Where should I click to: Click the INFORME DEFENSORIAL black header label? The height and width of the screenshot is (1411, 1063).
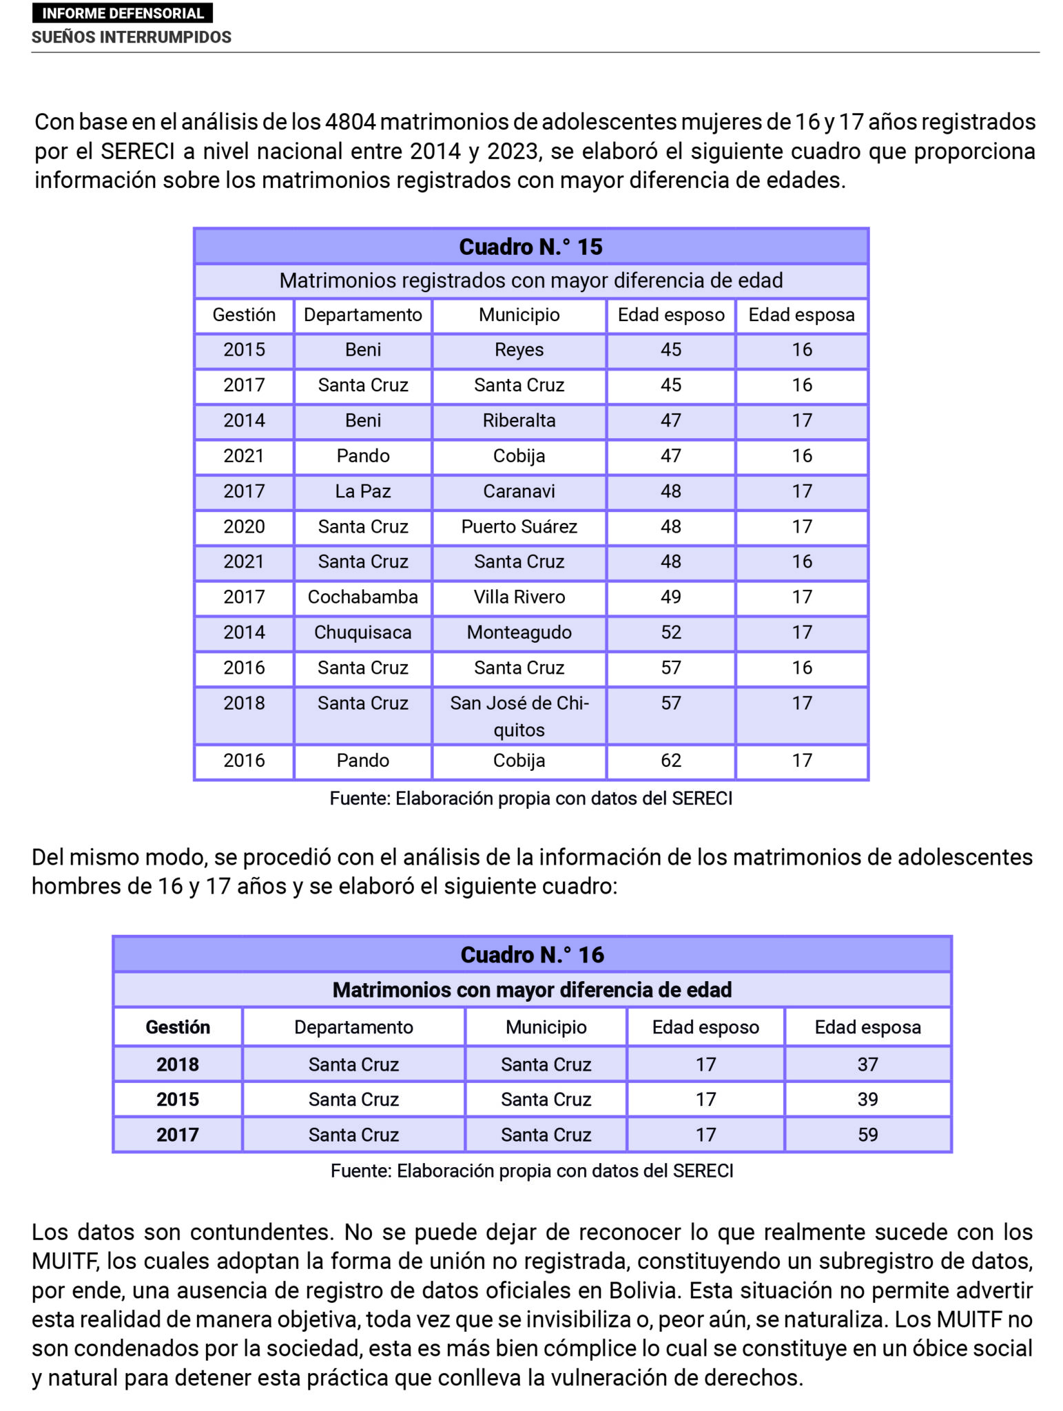(x=123, y=13)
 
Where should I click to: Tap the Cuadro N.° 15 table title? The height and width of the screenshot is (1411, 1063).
(x=530, y=247)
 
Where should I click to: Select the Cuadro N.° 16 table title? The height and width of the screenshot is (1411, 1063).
(x=532, y=954)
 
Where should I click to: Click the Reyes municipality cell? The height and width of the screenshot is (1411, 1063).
(x=519, y=350)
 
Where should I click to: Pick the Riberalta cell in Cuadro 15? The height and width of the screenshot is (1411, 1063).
(x=519, y=421)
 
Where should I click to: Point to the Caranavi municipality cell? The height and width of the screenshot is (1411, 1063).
(x=519, y=491)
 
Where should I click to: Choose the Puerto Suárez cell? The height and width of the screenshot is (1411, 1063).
(x=519, y=527)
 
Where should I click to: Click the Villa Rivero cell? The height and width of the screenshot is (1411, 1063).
(x=519, y=597)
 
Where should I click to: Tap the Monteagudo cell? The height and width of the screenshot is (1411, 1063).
(x=519, y=632)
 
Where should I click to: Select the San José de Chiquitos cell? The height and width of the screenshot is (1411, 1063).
(x=519, y=716)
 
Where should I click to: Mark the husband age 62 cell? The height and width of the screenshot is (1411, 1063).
(x=670, y=761)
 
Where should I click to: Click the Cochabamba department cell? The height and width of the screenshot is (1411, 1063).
(x=362, y=597)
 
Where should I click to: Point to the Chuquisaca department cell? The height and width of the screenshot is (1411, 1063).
(x=362, y=632)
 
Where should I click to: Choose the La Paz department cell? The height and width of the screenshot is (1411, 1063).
(x=362, y=491)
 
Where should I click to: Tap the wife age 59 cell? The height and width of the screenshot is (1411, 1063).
(x=867, y=1135)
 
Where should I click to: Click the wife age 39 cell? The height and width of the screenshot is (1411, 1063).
(x=867, y=1100)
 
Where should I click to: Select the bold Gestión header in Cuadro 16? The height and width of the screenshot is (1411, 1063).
(x=178, y=1027)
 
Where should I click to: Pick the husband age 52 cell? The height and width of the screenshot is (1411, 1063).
(x=670, y=632)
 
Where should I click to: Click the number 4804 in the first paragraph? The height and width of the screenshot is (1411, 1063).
(x=350, y=122)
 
